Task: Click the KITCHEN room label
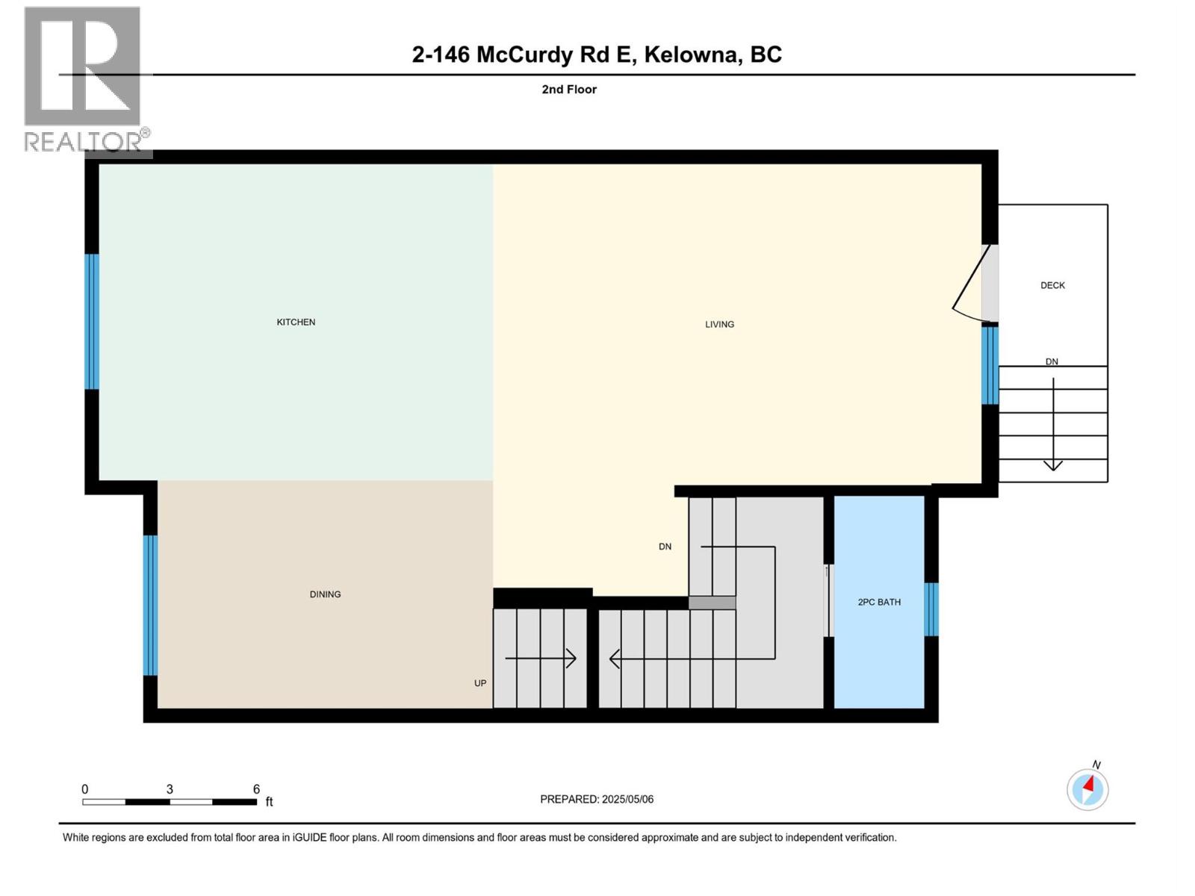point(296,322)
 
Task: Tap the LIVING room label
point(719,324)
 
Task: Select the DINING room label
point(325,594)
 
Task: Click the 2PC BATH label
point(879,602)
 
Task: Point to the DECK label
point(1052,285)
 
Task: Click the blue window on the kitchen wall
point(92,321)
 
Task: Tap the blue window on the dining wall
point(150,605)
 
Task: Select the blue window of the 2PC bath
point(931,609)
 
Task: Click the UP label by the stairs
point(480,683)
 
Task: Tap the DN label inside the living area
point(665,547)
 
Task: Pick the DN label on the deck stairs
point(1052,361)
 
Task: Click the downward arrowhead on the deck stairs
point(1053,465)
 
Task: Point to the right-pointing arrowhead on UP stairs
point(572,659)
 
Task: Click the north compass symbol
point(1087,788)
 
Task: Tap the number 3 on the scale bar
point(170,789)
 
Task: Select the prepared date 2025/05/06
point(627,799)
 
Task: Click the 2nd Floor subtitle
point(569,90)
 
